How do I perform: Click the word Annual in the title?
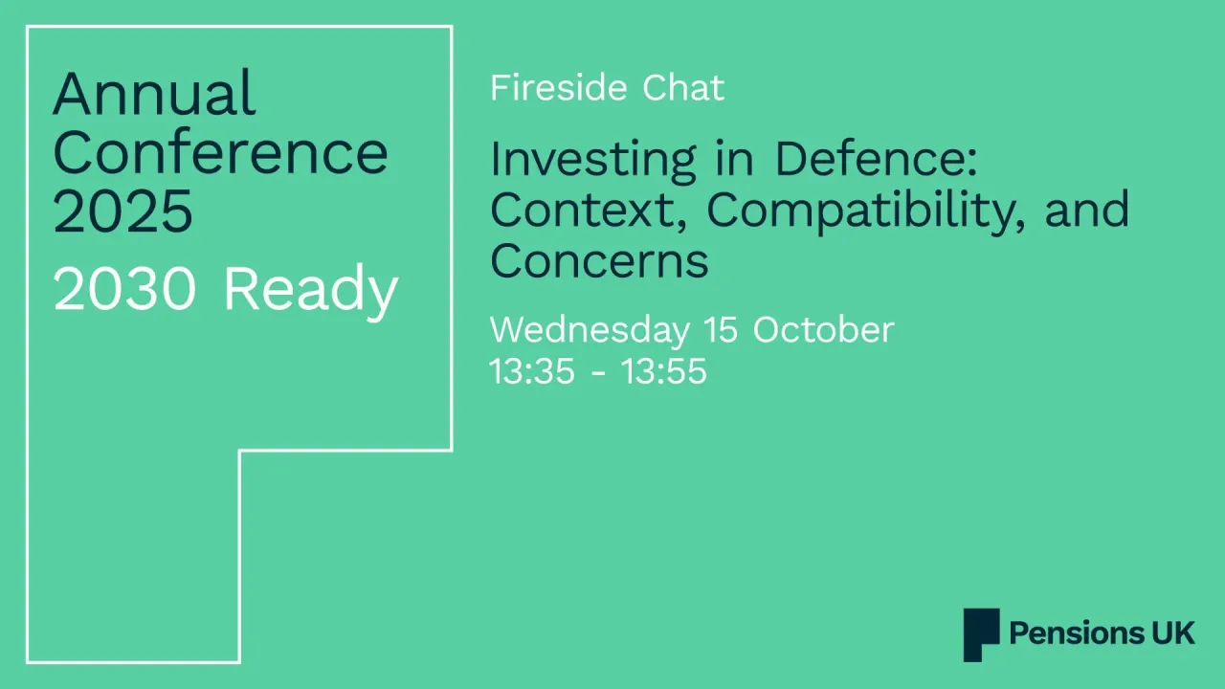tap(154, 94)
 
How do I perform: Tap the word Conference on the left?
tap(220, 152)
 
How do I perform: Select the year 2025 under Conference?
tap(122, 211)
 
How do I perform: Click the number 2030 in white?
tap(124, 290)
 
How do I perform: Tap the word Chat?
tap(683, 88)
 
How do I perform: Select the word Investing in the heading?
tap(592, 160)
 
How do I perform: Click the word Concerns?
tap(599, 260)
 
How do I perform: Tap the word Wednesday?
tap(589, 330)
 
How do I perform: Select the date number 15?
tap(723, 330)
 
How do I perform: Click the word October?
tap(823, 330)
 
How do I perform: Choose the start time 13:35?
tap(532, 371)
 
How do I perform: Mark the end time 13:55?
tap(664, 371)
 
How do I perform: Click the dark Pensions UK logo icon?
tap(981, 634)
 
